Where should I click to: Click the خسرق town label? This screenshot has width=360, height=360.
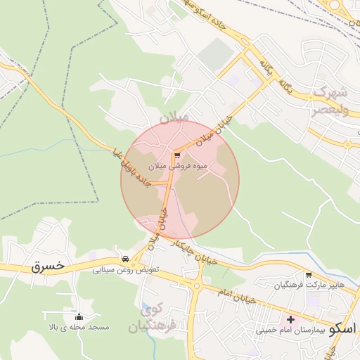[x=48, y=266]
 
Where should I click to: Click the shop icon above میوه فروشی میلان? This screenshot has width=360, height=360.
[x=177, y=155]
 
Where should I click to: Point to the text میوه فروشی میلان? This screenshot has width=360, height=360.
[x=179, y=167]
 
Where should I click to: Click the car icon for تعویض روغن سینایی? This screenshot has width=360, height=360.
[x=125, y=259]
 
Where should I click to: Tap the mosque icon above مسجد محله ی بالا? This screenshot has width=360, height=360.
[x=78, y=317]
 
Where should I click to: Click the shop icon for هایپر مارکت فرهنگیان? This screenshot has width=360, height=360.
[x=308, y=274]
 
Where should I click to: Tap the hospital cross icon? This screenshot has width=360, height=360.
[x=290, y=319]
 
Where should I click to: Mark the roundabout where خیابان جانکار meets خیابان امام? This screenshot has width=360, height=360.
[x=196, y=285]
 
